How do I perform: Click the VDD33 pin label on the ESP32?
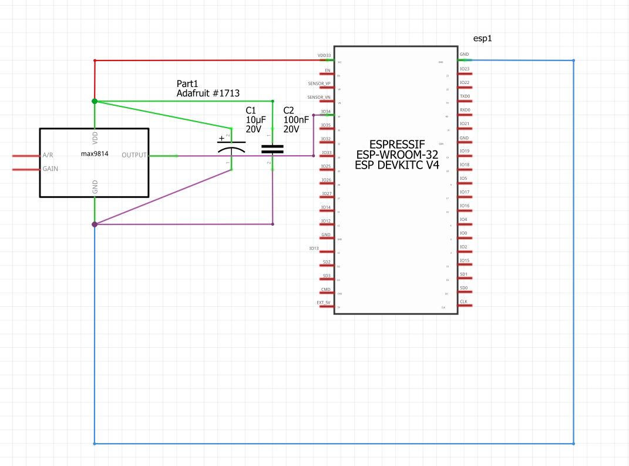pos(324,56)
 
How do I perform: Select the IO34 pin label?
pos(325,111)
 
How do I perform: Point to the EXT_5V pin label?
pos(324,303)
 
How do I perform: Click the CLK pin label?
pos(463,301)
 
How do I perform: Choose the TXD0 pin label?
pos(465,96)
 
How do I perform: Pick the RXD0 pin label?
pos(465,110)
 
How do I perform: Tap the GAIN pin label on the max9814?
pos(51,169)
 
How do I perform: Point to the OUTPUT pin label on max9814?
pos(134,155)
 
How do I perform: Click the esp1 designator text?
pos(482,38)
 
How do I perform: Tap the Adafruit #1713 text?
pos(208,93)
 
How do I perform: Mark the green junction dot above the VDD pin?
pos(95,101)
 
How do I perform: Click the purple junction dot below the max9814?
pos(95,224)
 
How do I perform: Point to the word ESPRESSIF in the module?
pos(396,144)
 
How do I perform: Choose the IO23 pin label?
pos(465,69)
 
